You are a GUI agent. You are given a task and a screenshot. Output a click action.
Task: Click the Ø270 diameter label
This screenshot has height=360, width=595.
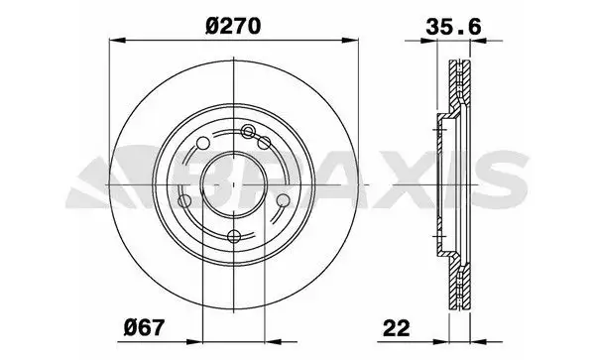232,28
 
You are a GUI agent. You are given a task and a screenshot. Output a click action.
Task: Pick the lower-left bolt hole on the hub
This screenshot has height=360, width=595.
186,201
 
